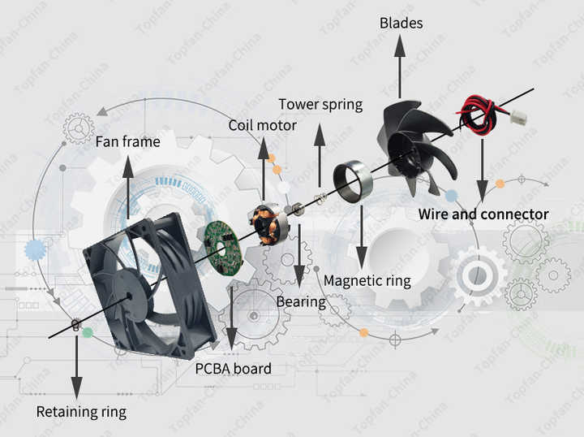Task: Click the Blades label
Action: click(x=401, y=23)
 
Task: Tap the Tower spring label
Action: click(x=320, y=105)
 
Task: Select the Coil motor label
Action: click(x=263, y=125)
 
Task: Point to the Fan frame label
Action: click(x=128, y=141)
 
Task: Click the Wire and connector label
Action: click(x=483, y=214)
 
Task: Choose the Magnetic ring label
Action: click(x=367, y=281)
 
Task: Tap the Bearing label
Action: click(x=301, y=302)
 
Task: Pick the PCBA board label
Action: click(x=233, y=369)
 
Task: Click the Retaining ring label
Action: click(x=81, y=412)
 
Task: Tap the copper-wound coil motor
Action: click(x=264, y=223)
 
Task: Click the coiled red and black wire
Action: click(x=477, y=114)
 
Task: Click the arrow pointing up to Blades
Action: click(x=401, y=67)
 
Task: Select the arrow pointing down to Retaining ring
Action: click(x=77, y=368)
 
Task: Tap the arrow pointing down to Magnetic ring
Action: click(x=361, y=236)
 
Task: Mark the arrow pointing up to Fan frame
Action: click(x=128, y=187)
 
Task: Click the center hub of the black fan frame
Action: click(x=129, y=296)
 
